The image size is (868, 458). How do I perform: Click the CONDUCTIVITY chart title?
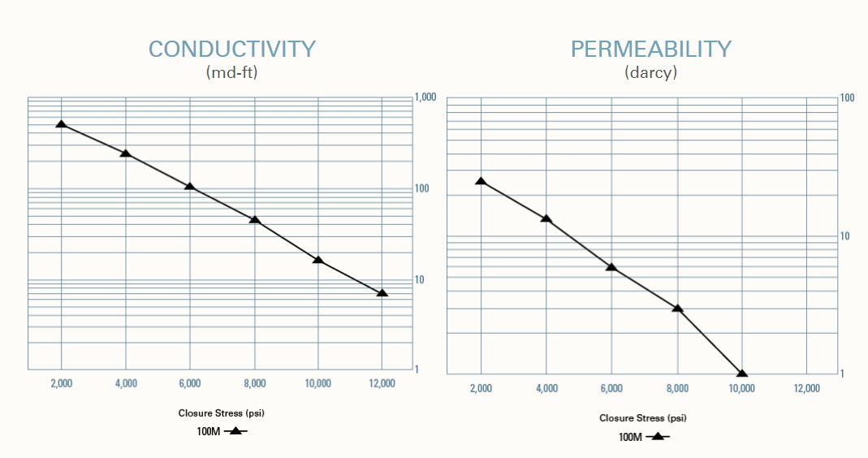tap(231, 49)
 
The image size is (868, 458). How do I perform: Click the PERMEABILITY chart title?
tap(650, 49)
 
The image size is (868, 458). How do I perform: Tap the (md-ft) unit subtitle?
tap(231, 72)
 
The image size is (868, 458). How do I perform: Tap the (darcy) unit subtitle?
tap(650, 72)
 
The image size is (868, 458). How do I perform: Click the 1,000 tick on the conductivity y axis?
tap(425, 97)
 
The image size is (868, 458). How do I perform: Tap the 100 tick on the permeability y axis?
tap(847, 98)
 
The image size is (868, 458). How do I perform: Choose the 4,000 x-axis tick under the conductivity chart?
tap(125, 383)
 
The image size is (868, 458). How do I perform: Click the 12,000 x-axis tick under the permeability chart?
tap(805, 388)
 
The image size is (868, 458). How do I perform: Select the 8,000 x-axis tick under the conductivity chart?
tap(254, 383)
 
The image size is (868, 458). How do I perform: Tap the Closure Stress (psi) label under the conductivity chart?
tap(222, 413)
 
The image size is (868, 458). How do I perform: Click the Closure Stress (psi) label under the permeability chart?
tap(643, 418)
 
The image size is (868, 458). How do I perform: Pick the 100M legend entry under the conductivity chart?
tap(221, 431)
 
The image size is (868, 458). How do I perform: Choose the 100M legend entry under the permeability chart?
tap(643, 437)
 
